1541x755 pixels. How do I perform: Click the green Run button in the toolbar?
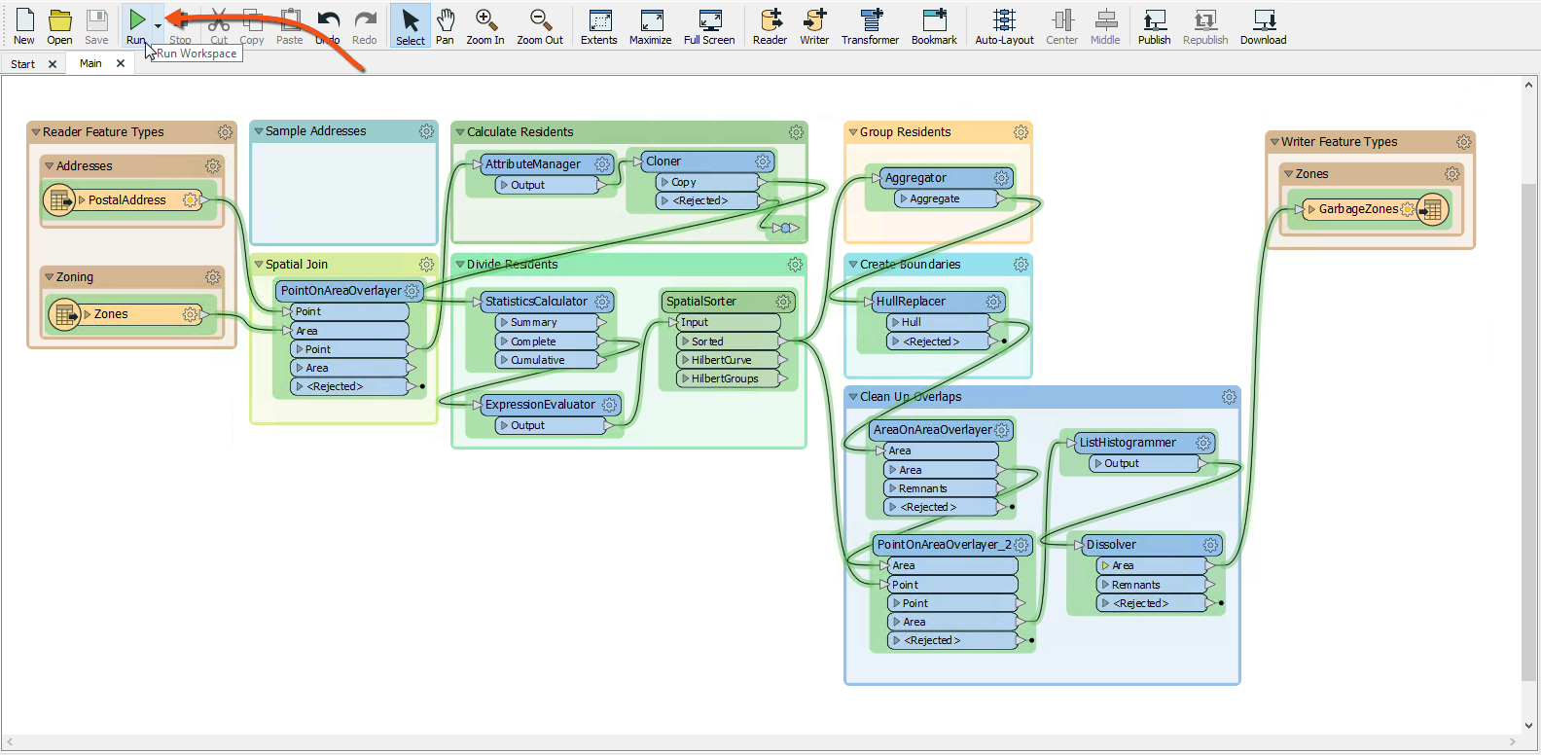pyautogui.click(x=137, y=20)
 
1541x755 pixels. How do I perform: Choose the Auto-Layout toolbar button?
pyautogui.click(x=1004, y=26)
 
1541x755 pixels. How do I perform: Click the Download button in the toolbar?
pyautogui.click(x=1263, y=26)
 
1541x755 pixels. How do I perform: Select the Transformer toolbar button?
pyautogui.click(x=870, y=26)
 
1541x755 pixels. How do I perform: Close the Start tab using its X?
pyautogui.click(x=53, y=64)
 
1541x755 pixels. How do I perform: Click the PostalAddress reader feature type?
pyautogui.click(x=127, y=200)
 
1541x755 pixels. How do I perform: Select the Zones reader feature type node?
pyautogui.click(x=111, y=314)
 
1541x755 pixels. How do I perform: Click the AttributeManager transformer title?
pyautogui.click(x=533, y=164)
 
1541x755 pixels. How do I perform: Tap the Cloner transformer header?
pyautogui.click(x=663, y=162)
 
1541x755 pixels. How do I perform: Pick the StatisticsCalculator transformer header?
pyautogui.click(x=536, y=302)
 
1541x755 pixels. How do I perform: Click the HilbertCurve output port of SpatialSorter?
pyautogui.click(x=721, y=360)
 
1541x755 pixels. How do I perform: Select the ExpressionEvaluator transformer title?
pyautogui.click(x=540, y=405)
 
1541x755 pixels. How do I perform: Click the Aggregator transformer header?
pyautogui.click(x=915, y=178)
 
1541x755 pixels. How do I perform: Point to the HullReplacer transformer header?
pyautogui.click(x=911, y=302)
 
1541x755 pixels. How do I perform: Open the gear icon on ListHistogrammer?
pyautogui.click(x=1203, y=443)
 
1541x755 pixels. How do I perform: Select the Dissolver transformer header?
pyautogui.click(x=1111, y=545)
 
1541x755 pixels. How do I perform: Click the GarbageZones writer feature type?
pyautogui.click(x=1358, y=209)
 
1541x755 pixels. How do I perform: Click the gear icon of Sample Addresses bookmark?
pyautogui.click(x=426, y=131)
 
